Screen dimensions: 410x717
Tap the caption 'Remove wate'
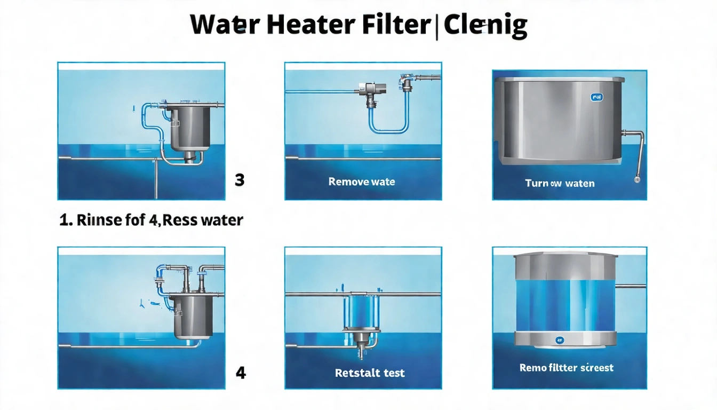[x=362, y=182]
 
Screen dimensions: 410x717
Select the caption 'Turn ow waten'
[x=560, y=183]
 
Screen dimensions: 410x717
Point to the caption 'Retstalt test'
[x=370, y=373]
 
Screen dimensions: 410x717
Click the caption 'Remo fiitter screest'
[x=566, y=368]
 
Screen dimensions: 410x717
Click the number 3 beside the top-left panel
[x=240, y=180]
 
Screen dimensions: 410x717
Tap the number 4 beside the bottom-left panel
[x=241, y=372]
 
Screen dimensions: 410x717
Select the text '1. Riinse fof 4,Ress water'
[x=152, y=219]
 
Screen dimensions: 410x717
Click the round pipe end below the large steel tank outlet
[x=636, y=180]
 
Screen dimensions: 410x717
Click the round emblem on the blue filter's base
[x=560, y=339]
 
